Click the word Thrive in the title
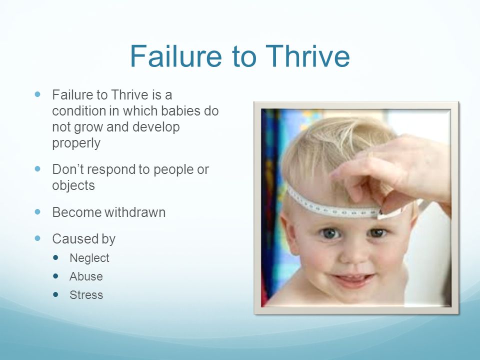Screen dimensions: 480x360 307,56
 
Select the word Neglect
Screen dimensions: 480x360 89,258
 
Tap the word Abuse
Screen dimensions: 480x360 86,276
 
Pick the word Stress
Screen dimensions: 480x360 86,295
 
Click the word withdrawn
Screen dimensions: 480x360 135,212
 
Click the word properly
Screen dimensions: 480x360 76,143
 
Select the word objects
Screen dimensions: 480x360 73,185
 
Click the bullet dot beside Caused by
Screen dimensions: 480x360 37,238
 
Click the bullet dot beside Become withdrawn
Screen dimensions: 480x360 37,211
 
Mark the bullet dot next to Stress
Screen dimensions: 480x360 55,294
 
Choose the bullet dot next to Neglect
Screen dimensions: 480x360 55,257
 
